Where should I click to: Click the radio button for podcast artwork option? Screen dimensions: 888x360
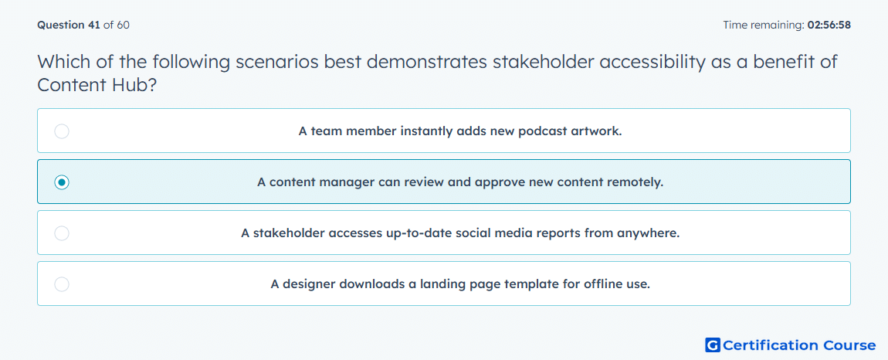coord(62,131)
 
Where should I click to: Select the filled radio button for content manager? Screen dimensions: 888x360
coord(62,182)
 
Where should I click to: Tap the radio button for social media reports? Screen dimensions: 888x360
coord(62,233)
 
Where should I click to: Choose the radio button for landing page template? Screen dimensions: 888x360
coord(62,284)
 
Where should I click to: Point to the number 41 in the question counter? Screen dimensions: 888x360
coord(94,25)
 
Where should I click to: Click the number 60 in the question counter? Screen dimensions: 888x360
coord(124,25)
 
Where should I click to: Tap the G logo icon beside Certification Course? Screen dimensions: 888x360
coord(713,345)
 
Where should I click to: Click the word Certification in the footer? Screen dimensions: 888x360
coord(770,345)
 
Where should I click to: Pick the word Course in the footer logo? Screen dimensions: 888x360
coord(849,345)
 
